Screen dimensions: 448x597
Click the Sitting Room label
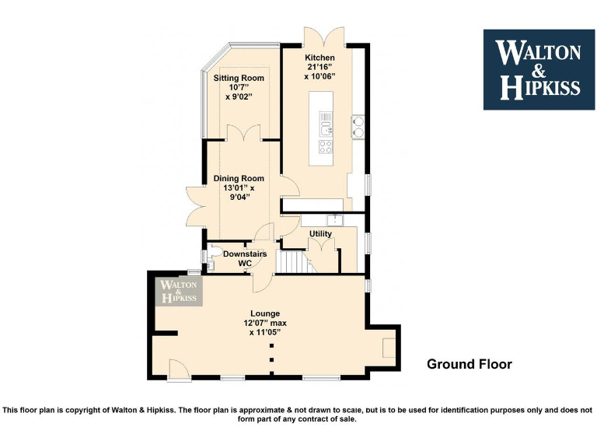239,79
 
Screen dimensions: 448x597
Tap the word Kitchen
319,58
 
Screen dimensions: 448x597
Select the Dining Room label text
239,179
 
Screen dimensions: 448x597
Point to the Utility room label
320,233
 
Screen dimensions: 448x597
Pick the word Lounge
264,313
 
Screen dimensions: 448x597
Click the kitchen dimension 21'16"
319,68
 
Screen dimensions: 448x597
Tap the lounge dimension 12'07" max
264,323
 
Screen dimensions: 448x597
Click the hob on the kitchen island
326,145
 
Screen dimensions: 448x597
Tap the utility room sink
334,219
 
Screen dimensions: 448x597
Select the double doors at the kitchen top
323,37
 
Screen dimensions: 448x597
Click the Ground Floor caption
470,364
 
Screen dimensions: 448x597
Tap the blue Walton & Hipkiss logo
539,69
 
